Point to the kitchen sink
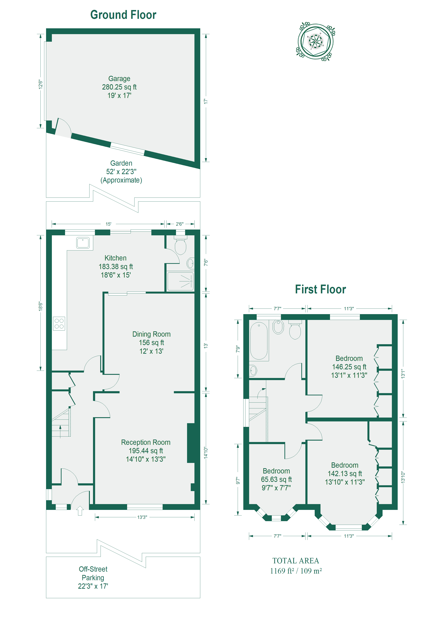click(x=83, y=243)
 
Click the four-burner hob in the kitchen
click(x=59, y=324)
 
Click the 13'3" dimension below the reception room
click(x=142, y=517)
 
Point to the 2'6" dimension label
click(x=179, y=224)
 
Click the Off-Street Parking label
click(x=93, y=573)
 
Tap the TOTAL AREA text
click(x=296, y=561)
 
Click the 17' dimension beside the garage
click(x=206, y=101)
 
